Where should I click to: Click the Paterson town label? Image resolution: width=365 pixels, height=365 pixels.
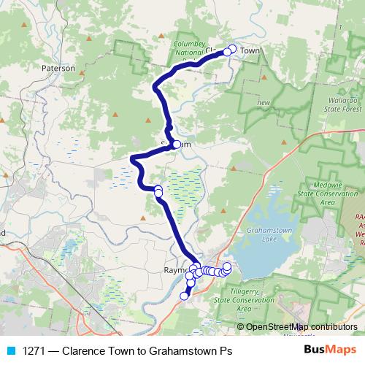(x=58, y=67)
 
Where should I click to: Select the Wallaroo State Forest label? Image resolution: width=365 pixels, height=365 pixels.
(x=342, y=101)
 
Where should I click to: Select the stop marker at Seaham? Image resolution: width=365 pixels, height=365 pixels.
(x=177, y=144)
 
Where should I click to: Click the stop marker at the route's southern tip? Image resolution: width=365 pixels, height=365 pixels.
(x=184, y=296)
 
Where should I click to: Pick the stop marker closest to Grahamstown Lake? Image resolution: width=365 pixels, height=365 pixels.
(x=227, y=266)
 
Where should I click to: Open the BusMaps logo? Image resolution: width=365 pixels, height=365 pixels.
(x=326, y=350)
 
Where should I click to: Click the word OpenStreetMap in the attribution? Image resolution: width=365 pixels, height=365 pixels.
(x=278, y=327)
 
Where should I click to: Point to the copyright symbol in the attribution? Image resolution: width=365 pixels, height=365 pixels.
(x=240, y=327)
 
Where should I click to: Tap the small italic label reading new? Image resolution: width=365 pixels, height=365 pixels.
(x=264, y=103)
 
